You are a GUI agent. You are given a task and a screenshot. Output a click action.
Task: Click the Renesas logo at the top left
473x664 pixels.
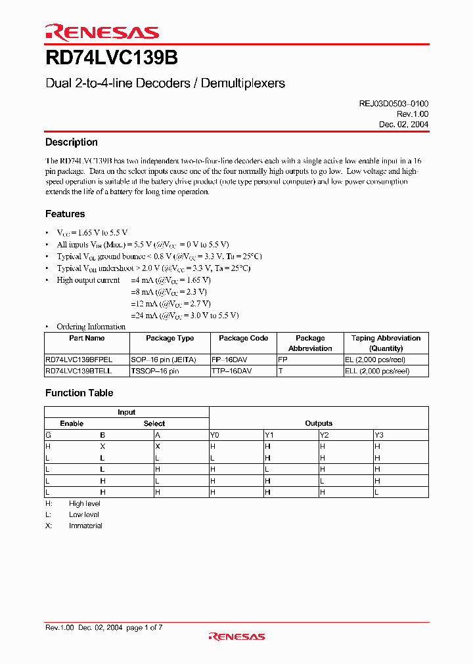point(102,32)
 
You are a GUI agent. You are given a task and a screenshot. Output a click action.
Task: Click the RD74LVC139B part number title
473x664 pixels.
point(111,58)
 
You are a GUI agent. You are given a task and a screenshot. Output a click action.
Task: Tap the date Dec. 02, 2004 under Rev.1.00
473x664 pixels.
point(403,125)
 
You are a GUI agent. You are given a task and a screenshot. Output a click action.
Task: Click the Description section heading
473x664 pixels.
point(71,142)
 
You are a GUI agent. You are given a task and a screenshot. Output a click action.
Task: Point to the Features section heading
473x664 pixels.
point(64,214)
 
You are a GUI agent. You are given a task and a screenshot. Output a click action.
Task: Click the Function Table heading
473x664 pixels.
point(79,393)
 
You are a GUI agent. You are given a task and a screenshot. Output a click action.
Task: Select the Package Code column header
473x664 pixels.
point(243,339)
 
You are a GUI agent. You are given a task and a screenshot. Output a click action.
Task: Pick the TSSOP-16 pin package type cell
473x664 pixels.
point(155,371)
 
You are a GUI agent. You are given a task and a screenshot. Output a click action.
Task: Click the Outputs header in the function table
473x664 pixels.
point(319,423)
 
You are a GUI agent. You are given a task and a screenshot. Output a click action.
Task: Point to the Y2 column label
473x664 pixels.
point(325,434)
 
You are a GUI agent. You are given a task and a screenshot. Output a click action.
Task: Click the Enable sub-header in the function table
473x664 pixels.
point(72,423)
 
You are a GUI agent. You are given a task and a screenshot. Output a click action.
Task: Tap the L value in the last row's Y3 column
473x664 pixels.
point(376,491)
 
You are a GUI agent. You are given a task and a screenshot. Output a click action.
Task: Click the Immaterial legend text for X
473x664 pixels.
point(85,526)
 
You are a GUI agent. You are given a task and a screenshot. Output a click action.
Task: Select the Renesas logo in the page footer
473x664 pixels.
point(236,636)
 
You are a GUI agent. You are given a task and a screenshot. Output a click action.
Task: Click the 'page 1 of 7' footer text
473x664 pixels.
point(144,627)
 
